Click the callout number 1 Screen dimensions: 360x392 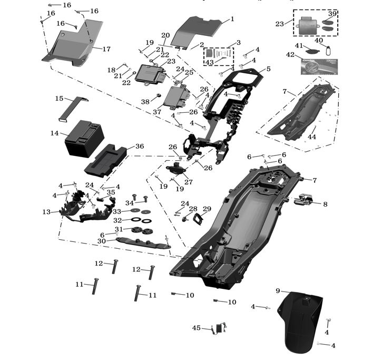pos(232,19)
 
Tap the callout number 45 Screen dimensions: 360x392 pos(197,328)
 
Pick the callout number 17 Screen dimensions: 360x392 pos(106,49)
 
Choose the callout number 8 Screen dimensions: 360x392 pos(325,204)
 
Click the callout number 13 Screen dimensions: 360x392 pos(46,212)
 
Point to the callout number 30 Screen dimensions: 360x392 pos(102,241)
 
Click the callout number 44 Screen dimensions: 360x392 pos(312,137)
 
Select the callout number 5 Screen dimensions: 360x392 pos(268,69)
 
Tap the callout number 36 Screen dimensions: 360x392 pos(139,146)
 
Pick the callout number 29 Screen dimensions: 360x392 pos(207,209)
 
